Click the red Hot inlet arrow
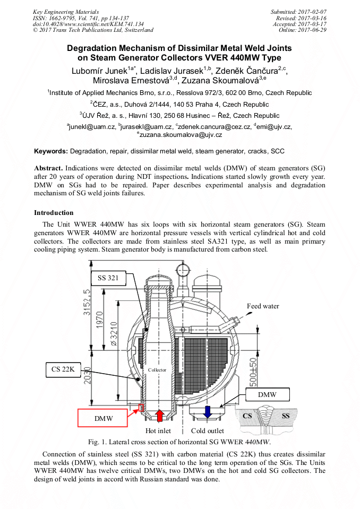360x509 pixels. point(159,416)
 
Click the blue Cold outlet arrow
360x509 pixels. point(207,412)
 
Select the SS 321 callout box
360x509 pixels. point(108,278)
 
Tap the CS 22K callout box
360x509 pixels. point(63,369)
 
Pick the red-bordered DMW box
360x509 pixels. point(102,418)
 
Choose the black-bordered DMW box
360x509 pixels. point(267,395)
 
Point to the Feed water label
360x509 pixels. point(263,306)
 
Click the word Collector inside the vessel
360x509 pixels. point(157,370)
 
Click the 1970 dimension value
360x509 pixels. point(99,320)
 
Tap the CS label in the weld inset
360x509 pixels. point(247,416)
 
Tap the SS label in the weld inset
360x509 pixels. point(286,416)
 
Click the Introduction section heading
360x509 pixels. point(54,213)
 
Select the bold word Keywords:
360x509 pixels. point(51,151)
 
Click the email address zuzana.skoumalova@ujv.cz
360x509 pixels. point(181,135)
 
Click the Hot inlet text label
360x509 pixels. point(158,431)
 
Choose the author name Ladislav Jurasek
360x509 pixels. point(172,71)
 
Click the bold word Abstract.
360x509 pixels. point(48,168)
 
